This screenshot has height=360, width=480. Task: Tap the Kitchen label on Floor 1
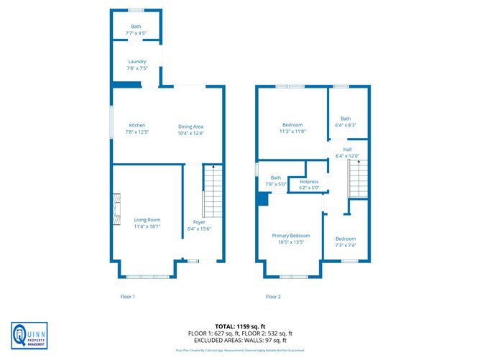[137, 125]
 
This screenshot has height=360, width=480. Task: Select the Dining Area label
[190, 126]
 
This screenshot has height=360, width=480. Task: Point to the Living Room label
[147, 220]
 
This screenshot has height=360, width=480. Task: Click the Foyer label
[196, 222]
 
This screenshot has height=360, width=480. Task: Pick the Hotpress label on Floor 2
[309, 182]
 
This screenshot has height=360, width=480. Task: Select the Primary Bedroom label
[291, 236]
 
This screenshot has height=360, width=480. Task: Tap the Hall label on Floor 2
[337, 150]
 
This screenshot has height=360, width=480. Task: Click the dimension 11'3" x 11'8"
[292, 131]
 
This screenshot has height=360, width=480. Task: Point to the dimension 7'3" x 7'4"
[345, 245]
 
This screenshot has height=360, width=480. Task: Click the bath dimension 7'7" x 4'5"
[136, 32]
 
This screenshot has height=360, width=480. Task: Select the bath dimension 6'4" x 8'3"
[346, 125]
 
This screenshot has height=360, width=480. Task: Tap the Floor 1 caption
[127, 296]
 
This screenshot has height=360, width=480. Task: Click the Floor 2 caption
[273, 296]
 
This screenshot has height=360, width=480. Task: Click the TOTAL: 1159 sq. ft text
[240, 327]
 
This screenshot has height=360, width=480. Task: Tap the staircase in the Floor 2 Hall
[358, 177]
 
